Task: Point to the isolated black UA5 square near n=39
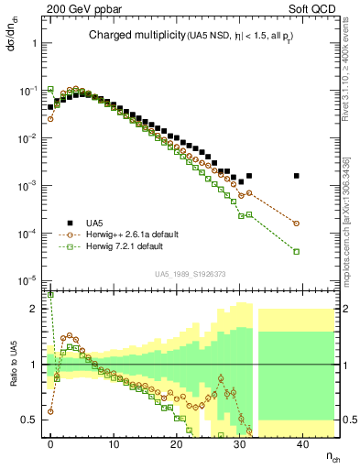tap(296, 176)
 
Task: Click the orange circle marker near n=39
tap(296, 223)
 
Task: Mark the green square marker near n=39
tap(296, 252)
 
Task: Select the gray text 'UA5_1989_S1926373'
tap(191, 274)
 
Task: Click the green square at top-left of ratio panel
tap(50, 296)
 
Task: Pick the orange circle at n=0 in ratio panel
tap(50, 411)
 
